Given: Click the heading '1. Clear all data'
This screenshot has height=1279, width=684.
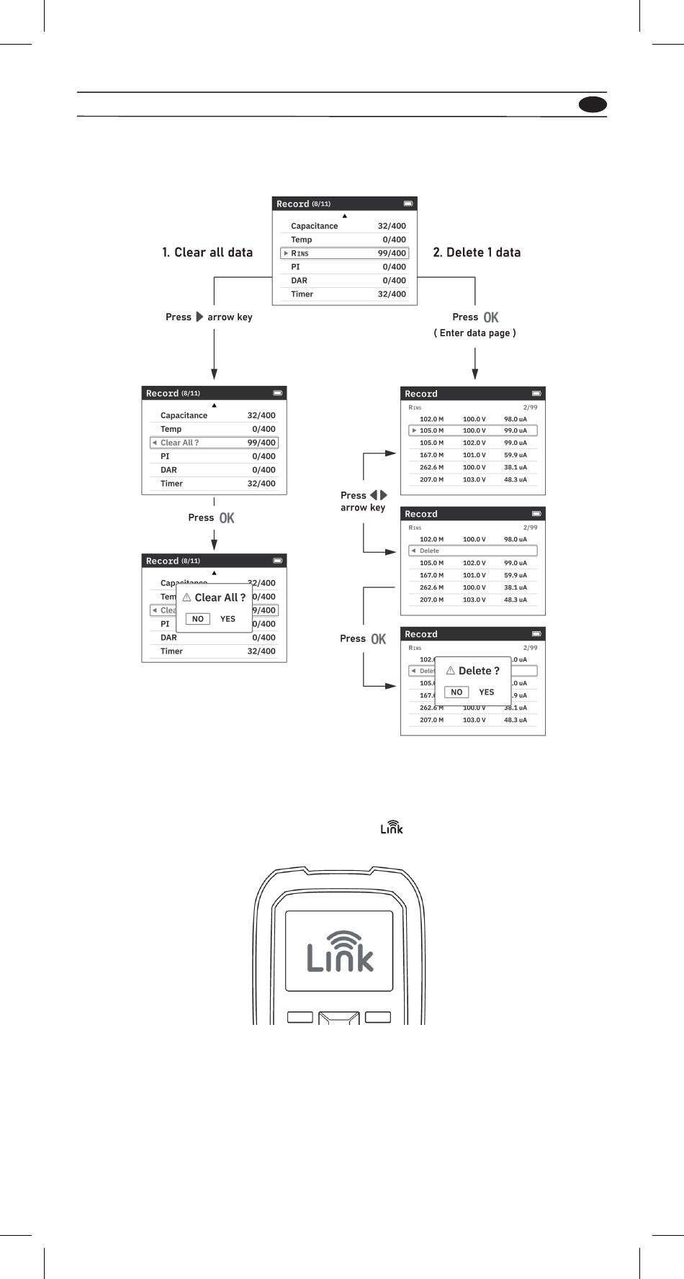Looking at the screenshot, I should (x=207, y=253).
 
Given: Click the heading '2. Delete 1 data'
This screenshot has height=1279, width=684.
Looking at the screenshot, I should (x=477, y=253).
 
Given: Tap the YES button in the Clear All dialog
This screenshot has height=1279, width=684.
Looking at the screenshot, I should (x=228, y=619).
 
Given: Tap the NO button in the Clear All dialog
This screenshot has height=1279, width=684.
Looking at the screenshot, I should (x=198, y=619).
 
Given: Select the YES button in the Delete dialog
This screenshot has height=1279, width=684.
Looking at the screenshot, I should (x=487, y=692).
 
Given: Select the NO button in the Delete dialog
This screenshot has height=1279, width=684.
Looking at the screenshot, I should (x=456, y=692).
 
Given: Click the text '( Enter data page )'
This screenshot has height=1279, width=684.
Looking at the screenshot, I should (x=474, y=333).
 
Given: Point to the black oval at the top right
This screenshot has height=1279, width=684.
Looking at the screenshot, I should (x=593, y=104).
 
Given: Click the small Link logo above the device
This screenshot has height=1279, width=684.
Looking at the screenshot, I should (x=392, y=828).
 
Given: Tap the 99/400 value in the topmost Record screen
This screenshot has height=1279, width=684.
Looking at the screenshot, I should (x=392, y=253).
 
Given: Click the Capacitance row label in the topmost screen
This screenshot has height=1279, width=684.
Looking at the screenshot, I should (x=314, y=226).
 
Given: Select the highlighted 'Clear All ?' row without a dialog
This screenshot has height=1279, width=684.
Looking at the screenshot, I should (x=214, y=443).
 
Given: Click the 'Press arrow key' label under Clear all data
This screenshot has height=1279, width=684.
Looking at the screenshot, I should (x=209, y=317).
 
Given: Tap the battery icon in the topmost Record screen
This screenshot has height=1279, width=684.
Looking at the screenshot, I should (x=408, y=204).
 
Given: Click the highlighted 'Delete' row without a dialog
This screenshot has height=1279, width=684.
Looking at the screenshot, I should (x=473, y=551).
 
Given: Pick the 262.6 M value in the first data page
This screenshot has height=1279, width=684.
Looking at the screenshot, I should (x=431, y=467).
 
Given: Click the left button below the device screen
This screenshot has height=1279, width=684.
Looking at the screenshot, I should (x=300, y=1017).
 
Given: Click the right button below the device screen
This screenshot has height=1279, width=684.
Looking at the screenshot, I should (x=378, y=1017).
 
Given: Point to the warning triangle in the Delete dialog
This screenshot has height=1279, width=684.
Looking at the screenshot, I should (x=451, y=670).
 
